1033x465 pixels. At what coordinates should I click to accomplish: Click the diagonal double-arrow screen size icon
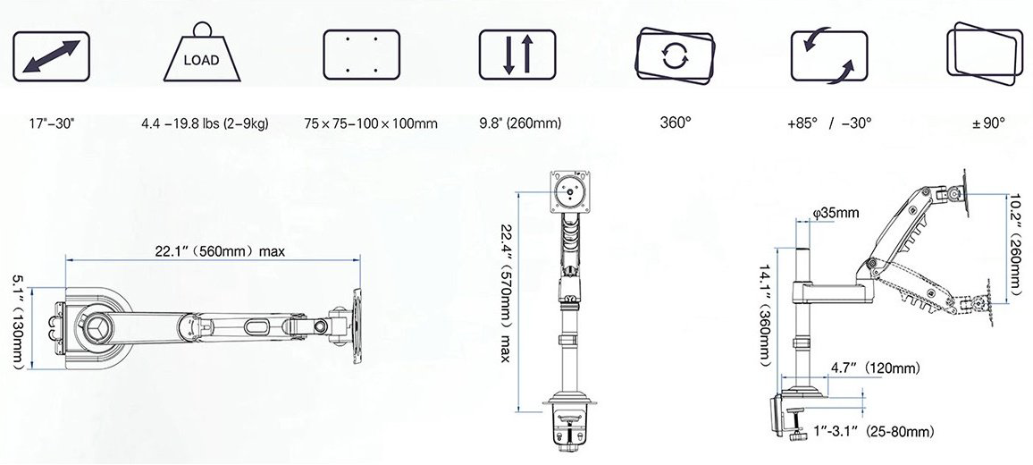(x=52, y=56)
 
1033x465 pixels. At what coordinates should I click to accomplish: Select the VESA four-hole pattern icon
(x=361, y=55)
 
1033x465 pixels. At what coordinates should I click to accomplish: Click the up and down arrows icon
(x=517, y=55)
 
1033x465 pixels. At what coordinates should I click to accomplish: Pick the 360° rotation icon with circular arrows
(x=675, y=55)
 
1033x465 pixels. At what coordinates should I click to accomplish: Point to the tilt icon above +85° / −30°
(x=829, y=55)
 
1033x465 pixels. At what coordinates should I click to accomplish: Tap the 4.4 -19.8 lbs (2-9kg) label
(x=205, y=123)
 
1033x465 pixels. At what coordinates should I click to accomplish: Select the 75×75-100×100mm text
(x=371, y=123)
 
